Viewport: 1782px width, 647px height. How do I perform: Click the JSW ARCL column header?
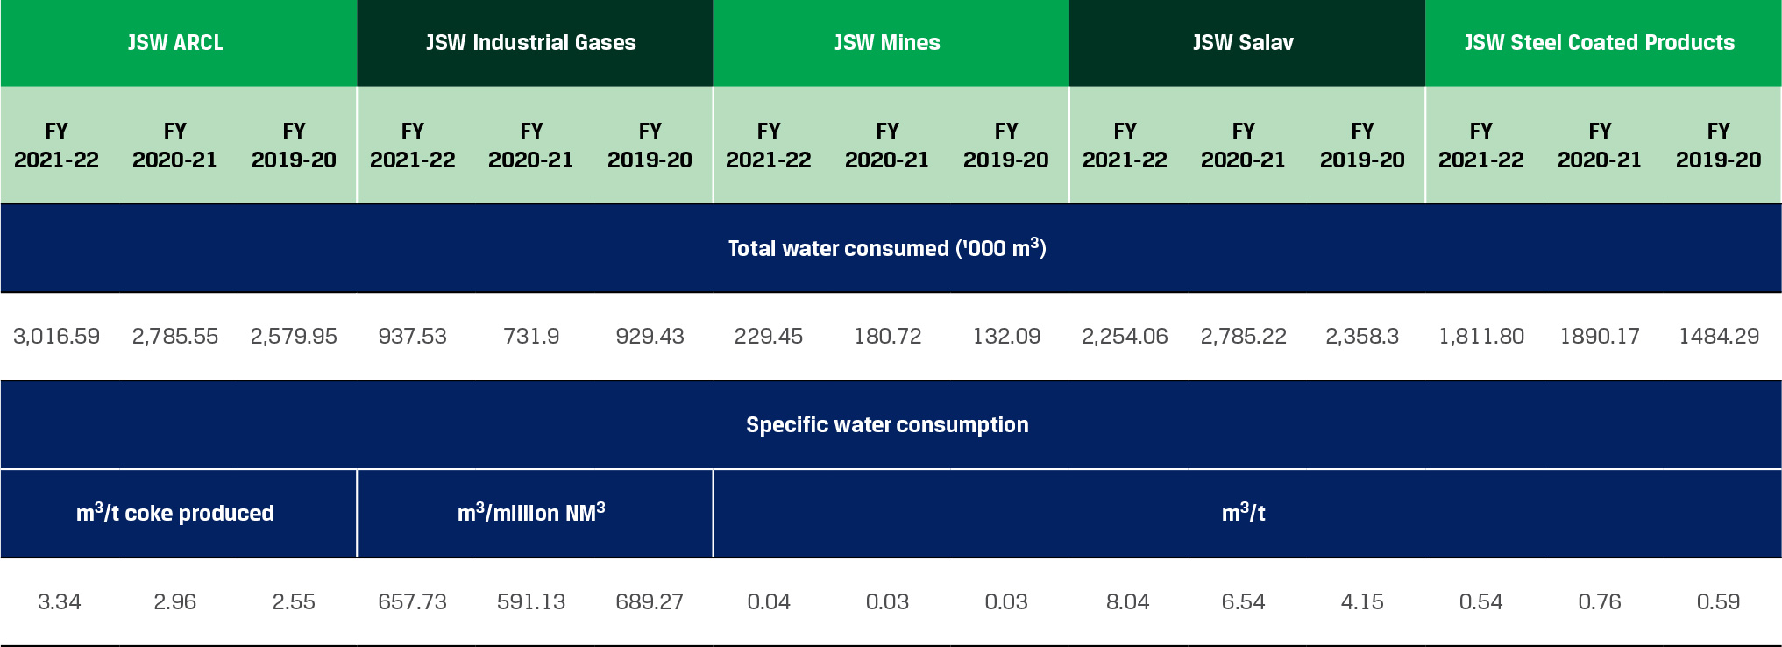[175, 42]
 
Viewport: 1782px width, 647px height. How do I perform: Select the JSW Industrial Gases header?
[531, 42]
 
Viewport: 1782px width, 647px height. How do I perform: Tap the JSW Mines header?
[887, 42]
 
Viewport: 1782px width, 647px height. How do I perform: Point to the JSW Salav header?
[1243, 42]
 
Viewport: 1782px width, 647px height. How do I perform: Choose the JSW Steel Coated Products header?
[1600, 42]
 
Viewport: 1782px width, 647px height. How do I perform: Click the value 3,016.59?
[56, 336]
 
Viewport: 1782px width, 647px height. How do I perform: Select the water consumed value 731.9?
[531, 336]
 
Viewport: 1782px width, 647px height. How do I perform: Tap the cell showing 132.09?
[1006, 336]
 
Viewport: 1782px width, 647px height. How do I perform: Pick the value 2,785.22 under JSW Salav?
[1243, 336]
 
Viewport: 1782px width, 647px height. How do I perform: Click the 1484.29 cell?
[1719, 336]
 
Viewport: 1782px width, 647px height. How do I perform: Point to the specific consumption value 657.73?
[412, 601]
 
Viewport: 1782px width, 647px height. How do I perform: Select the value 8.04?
[1127, 601]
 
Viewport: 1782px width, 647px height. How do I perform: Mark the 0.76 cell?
[1600, 601]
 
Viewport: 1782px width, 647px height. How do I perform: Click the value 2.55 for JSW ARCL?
[294, 601]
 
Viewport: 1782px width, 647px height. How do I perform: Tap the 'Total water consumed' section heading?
[887, 248]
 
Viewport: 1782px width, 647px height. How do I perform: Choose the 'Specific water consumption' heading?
[887, 424]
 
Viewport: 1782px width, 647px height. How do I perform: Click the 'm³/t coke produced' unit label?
[175, 513]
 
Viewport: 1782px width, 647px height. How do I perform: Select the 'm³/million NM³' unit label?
[531, 513]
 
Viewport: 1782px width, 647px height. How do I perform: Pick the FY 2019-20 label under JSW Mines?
[1006, 146]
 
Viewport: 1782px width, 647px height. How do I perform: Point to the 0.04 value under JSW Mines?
[769, 601]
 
